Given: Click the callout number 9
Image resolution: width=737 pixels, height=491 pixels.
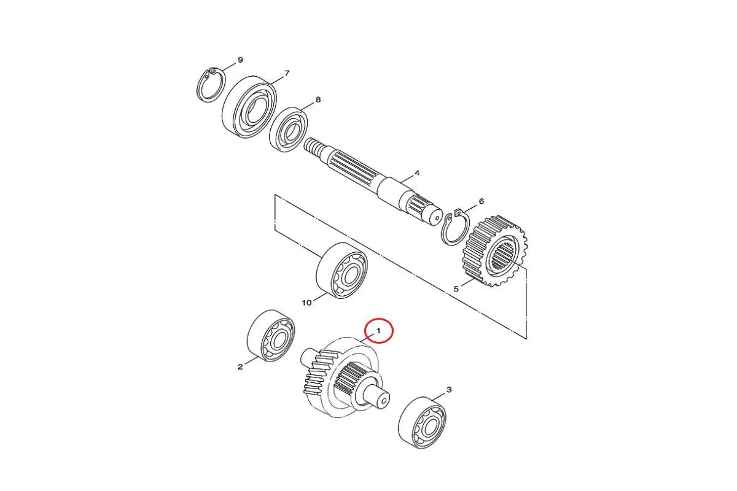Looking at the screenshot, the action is [240, 60].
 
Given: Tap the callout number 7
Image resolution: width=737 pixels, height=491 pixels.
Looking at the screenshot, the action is [287, 73].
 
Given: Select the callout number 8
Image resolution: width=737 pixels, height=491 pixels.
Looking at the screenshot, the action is [318, 99].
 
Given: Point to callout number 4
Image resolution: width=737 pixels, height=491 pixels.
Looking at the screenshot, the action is [417, 173].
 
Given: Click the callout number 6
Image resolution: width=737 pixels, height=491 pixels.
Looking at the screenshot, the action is [482, 201].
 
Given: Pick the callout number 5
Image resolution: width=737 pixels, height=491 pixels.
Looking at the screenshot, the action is [456, 289].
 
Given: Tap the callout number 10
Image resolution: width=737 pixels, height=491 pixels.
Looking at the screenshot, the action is [306, 303].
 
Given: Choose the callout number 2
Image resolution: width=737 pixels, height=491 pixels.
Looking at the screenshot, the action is [240, 366].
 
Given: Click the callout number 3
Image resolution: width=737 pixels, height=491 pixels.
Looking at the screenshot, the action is [449, 390].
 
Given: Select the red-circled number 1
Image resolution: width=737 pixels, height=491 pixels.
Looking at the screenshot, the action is [378, 331].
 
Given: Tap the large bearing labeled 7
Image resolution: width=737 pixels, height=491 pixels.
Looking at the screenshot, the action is [249, 107].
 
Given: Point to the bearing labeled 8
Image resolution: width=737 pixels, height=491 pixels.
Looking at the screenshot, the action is [289, 130].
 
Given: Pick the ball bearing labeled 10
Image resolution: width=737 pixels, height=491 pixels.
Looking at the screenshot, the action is [342, 270].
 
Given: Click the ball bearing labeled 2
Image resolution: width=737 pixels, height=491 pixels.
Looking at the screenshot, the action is [271, 336].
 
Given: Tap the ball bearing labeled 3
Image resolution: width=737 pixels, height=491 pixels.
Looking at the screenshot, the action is [422, 423].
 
